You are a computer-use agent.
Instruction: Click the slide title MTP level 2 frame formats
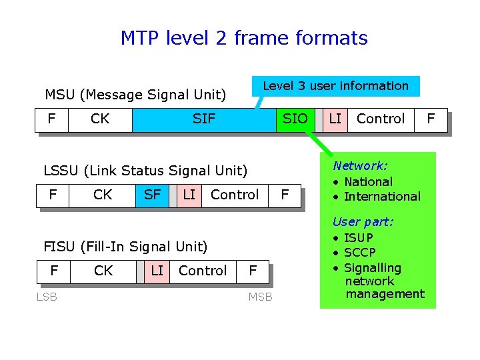tap(244, 39)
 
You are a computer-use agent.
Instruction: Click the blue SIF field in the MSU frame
tap(204, 119)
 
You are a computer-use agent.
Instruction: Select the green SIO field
tap(295, 119)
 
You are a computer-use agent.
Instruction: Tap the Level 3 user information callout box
tap(335, 86)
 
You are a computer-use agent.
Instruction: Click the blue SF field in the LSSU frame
tap(152, 195)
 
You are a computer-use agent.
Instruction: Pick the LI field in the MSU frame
tap(335, 119)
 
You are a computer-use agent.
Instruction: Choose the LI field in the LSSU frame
tap(189, 195)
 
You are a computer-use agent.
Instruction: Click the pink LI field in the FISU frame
tap(157, 271)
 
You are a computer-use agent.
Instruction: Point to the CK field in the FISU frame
tap(103, 271)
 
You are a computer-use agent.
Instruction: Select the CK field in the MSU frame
tap(100, 119)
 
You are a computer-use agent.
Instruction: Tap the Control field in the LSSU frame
tap(235, 195)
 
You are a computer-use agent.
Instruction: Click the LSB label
tap(47, 297)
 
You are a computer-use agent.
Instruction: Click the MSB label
tap(260, 297)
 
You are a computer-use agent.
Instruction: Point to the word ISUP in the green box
tap(359, 238)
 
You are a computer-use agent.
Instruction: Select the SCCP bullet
tap(359, 253)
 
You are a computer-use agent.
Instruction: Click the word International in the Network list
tap(382, 197)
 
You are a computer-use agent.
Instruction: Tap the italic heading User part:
tap(363, 222)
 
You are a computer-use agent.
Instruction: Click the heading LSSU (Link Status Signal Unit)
tap(145, 171)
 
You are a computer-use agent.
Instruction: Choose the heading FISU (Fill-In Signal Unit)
tap(125, 247)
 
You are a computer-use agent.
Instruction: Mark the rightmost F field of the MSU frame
tap(431, 119)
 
